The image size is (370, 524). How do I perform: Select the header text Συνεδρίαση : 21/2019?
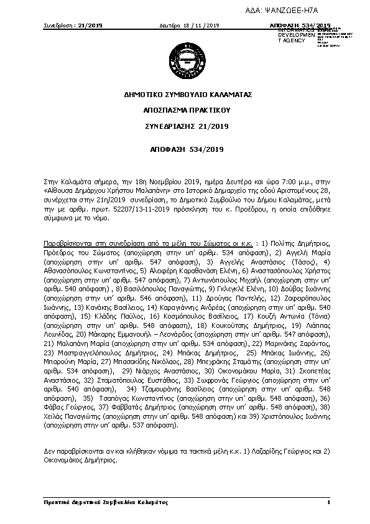73,25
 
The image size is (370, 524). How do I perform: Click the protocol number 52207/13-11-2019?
131,210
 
